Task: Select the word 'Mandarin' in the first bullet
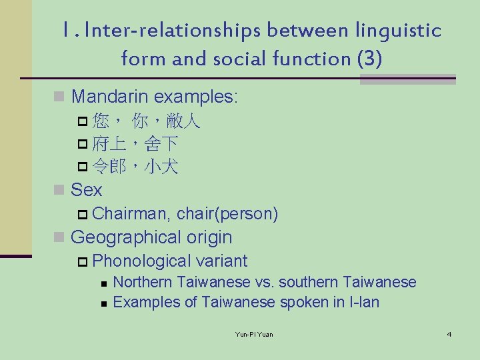tap(109, 97)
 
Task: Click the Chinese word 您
tap(101, 121)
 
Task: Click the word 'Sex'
tap(86, 190)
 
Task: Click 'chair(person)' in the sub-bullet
tap(227, 214)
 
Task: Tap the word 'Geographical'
tap(127, 237)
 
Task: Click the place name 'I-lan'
tap(365, 302)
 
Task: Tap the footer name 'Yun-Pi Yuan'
tap(254, 334)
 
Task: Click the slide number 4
tap(449, 333)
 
